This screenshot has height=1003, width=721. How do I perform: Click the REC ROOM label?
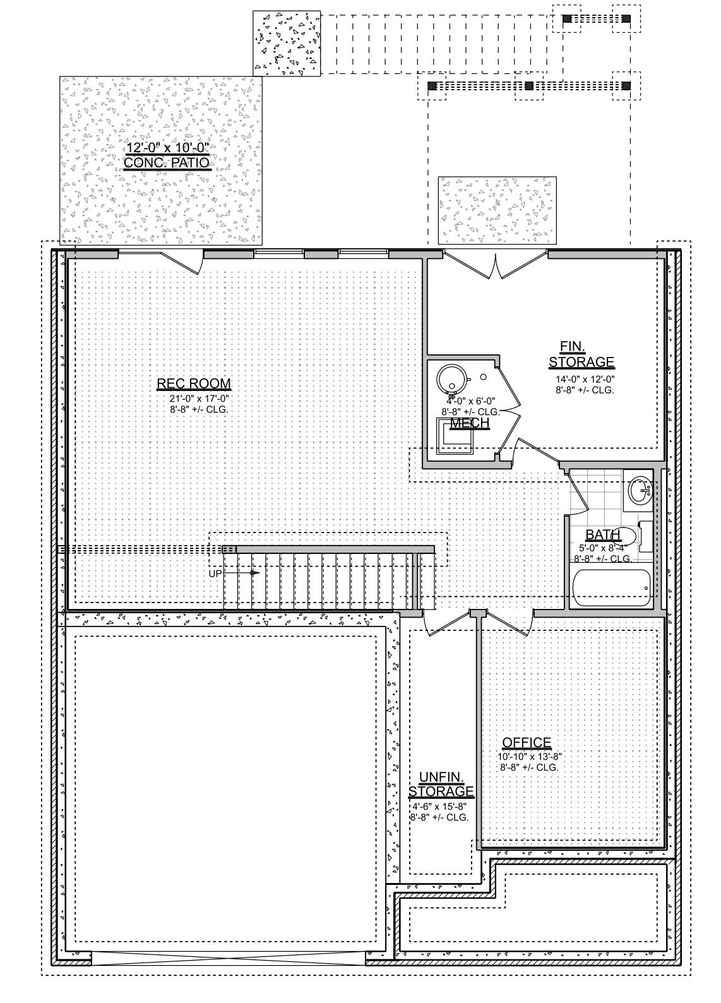[194, 383]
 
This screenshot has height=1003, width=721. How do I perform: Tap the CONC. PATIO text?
[167, 163]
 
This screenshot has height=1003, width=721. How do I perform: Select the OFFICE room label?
[527, 743]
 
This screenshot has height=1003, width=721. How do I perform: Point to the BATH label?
[602, 536]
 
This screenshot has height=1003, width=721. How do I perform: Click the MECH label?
[470, 423]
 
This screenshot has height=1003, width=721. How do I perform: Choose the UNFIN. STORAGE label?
[441, 784]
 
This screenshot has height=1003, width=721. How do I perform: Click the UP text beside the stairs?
[215, 574]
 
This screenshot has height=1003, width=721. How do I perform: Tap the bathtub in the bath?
[612, 587]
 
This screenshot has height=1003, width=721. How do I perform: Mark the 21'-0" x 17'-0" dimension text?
[198, 399]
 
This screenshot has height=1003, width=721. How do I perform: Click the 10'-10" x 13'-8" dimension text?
[529, 757]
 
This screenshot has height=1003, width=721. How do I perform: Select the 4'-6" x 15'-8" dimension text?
[439, 807]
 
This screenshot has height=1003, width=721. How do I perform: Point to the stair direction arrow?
[253, 573]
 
